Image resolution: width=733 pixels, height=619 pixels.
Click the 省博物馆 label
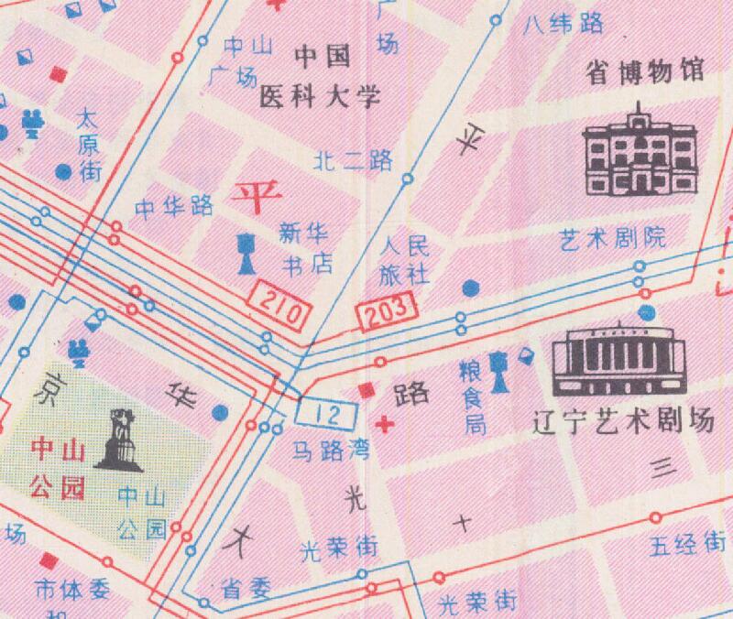(x=647, y=72)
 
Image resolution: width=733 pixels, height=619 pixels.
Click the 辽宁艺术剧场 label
(x=623, y=423)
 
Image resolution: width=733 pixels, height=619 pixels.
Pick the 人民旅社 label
(x=404, y=259)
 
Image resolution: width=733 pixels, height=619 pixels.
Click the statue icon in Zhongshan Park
(x=118, y=440)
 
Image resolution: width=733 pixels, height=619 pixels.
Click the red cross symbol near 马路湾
(x=387, y=424)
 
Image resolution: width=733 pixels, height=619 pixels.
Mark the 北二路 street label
(x=353, y=161)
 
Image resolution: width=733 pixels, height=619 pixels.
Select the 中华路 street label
(x=174, y=207)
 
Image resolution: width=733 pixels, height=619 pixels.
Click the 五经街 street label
(x=688, y=546)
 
